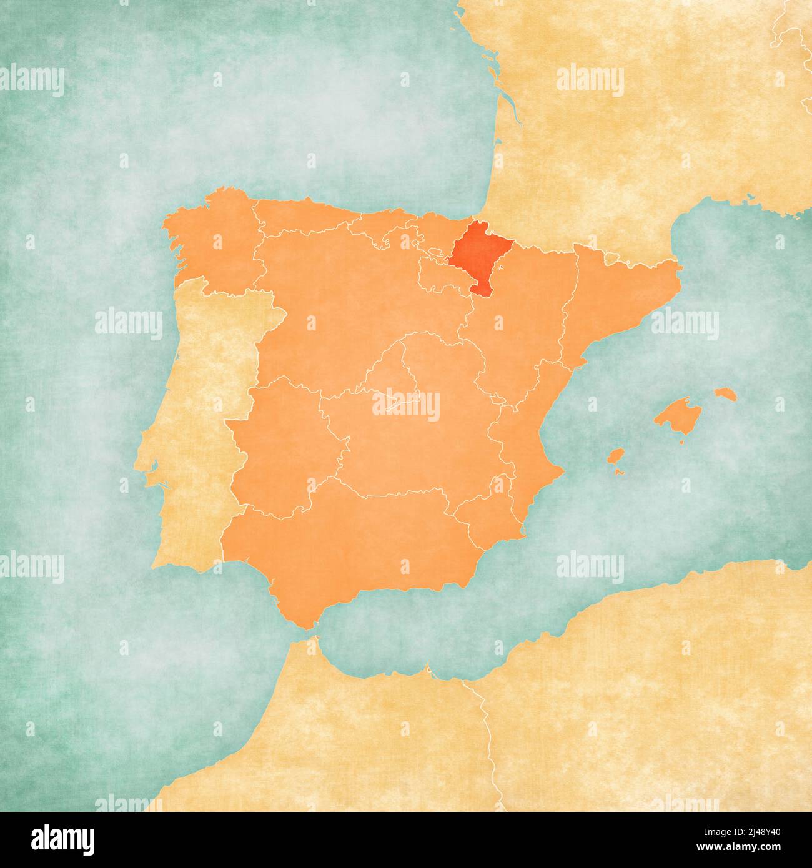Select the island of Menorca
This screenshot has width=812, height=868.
pos(725,394)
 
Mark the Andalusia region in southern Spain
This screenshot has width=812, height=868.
pos(350,550)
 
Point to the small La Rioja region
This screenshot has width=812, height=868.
pos(437,275)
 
